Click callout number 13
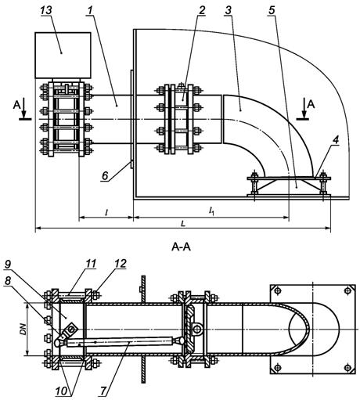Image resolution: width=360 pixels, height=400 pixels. pos(46,10)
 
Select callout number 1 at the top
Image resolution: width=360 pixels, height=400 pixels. pos(90,10)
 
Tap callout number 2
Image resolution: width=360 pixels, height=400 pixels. pos(202,10)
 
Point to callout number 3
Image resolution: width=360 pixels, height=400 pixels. pos(228,10)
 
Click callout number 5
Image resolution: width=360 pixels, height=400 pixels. pos(272,10)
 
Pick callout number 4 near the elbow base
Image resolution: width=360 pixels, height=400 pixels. pos(336,140)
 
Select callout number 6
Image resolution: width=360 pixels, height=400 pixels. pos(105,175)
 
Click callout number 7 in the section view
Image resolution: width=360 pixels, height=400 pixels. pos(103,391)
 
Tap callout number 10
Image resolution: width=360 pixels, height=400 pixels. pos(61,391)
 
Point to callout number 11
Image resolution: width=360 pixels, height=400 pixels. pos(91,264)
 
